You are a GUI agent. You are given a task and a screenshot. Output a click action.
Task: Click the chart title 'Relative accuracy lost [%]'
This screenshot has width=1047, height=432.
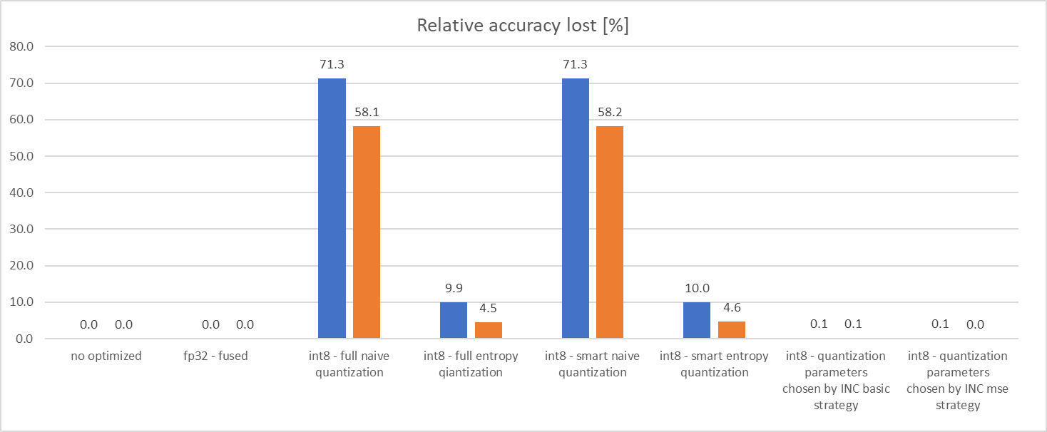pyautogui.click(x=522, y=26)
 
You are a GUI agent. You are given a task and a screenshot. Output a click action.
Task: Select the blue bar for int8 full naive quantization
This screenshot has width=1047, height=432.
pyautogui.click(x=332, y=208)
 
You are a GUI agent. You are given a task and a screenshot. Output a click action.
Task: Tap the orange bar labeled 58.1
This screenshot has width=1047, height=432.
pyautogui.click(x=367, y=232)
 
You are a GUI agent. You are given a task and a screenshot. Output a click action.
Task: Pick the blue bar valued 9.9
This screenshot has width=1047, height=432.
pyautogui.click(x=454, y=321)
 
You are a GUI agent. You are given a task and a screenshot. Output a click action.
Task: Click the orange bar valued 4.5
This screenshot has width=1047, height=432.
pyautogui.click(x=489, y=331)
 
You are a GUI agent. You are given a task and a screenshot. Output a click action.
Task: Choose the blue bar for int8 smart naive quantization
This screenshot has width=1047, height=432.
pyautogui.click(x=576, y=208)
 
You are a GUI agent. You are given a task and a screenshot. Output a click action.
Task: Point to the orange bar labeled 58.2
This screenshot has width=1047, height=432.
pyautogui.click(x=611, y=232)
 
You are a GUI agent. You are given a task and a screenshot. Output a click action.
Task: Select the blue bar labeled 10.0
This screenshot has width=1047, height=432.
pyautogui.click(x=698, y=321)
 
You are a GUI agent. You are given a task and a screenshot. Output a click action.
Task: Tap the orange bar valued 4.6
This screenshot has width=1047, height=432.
pyautogui.click(x=732, y=331)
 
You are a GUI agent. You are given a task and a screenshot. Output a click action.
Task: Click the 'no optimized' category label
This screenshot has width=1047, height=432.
pyautogui.click(x=106, y=356)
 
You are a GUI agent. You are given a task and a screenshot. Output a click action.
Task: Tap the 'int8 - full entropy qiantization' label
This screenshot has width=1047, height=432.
pyautogui.click(x=471, y=364)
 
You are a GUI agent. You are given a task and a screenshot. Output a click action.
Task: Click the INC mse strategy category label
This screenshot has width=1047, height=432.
pyautogui.click(x=957, y=380)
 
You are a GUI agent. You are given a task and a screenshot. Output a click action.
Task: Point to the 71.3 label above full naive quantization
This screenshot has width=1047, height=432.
pyautogui.click(x=332, y=65)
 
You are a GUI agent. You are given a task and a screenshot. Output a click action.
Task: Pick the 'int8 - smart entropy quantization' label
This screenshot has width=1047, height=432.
pyautogui.click(x=715, y=364)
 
